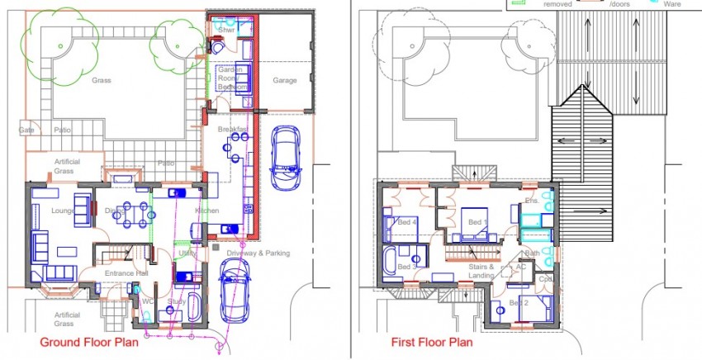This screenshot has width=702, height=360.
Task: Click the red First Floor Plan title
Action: tap(431, 342)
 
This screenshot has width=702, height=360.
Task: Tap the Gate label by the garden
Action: tap(26, 130)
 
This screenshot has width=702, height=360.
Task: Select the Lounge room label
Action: tap(64, 211)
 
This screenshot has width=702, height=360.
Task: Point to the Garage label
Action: tap(285, 81)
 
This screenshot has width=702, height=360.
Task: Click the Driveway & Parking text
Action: tap(259, 253)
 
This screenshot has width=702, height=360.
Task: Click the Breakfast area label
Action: tap(233, 130)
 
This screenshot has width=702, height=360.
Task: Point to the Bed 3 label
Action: tap(405, 268)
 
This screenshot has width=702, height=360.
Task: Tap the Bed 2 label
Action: tap(518, 304)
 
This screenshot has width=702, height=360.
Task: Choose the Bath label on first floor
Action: tap(532, 253)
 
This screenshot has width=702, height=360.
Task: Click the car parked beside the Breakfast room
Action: tap(285, 155)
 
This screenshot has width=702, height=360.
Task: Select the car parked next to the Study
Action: tap(234, 291)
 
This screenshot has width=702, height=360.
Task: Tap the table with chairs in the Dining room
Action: tap(132, 213)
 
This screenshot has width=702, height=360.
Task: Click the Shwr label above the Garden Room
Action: tap(227, 30)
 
